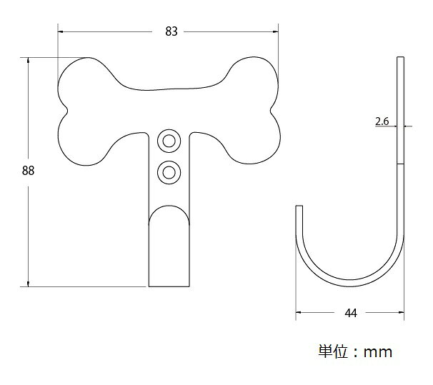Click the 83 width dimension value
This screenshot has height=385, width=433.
pyautogui.click(x=171, y=31)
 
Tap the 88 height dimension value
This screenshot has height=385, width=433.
pyautogui.click(x=28, y=171)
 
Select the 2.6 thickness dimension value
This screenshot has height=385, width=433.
pyautogui.click(x=382, y=121)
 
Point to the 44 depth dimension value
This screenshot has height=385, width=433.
pyautogui.click(x=351, y=313)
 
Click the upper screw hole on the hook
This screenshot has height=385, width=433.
pyautogui.click(x=169, y=141)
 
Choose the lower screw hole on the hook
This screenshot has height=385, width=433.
pyautogui.click(x=169, y=172)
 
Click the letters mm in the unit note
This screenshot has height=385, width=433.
pyautogui.click(x=378, y=352)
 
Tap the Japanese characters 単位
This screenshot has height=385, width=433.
pyautogui.click(x=333, y=351)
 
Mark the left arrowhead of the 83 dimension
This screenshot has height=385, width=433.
pyautogui.click(x=61, y=31)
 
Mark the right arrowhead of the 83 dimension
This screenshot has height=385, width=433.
pyautogui.click(x=275, y=31)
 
